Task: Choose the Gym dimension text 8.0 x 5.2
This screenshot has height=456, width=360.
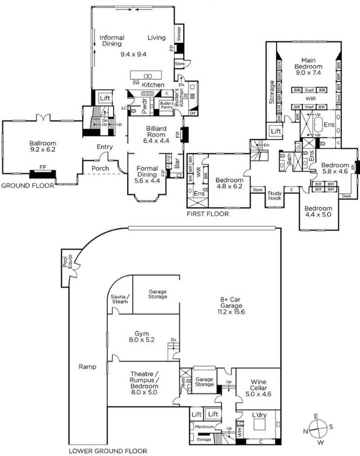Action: pos(134,340)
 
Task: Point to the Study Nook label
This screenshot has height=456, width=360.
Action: pos(274,195)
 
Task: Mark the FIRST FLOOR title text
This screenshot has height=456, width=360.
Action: pos(207,214)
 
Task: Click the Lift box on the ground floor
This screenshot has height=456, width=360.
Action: pos(104,99)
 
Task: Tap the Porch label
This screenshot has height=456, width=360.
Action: pos(100,168)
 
